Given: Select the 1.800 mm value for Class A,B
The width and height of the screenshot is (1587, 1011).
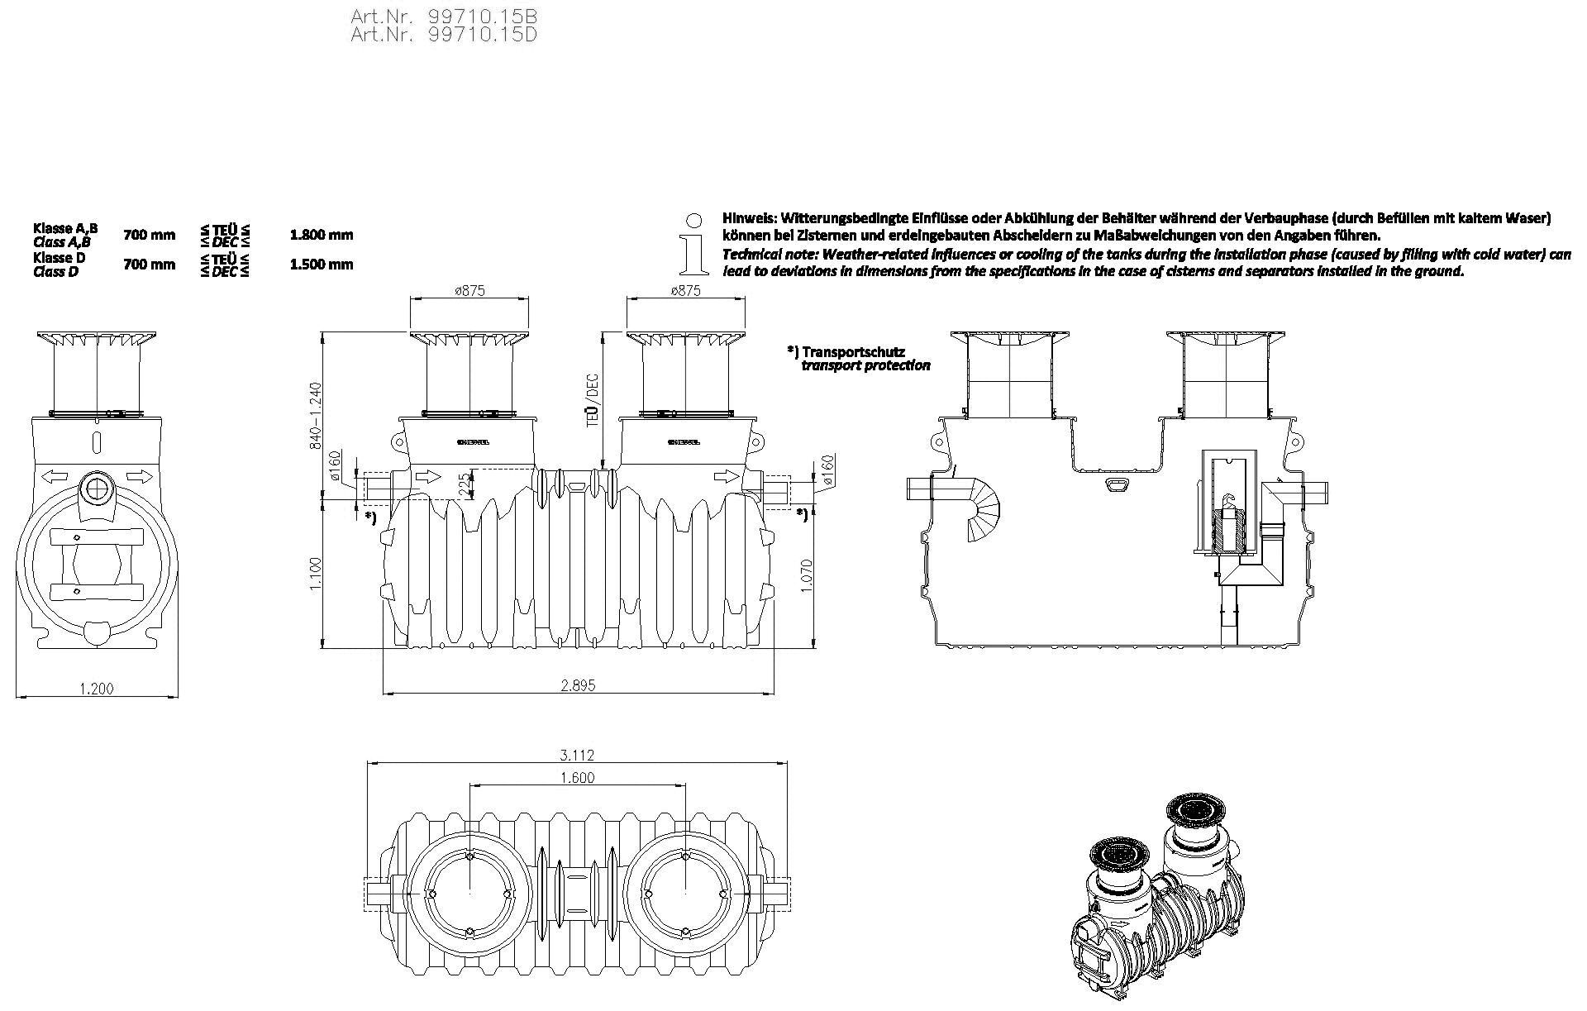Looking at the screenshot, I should click(322, 235).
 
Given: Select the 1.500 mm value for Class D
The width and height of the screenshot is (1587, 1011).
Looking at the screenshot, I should click(322, 265).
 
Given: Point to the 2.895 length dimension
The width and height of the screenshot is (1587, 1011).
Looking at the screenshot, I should click(578, 684).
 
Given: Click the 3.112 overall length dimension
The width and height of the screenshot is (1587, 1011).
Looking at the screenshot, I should click(577, 755).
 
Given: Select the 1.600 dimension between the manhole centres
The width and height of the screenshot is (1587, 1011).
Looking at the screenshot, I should click(577, 777).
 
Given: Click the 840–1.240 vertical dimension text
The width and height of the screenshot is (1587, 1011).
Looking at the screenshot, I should click(314, 416).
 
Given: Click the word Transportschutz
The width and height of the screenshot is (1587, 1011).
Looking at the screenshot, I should click(856, 351).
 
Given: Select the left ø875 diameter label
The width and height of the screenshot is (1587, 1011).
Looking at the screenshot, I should click(469, 290).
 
